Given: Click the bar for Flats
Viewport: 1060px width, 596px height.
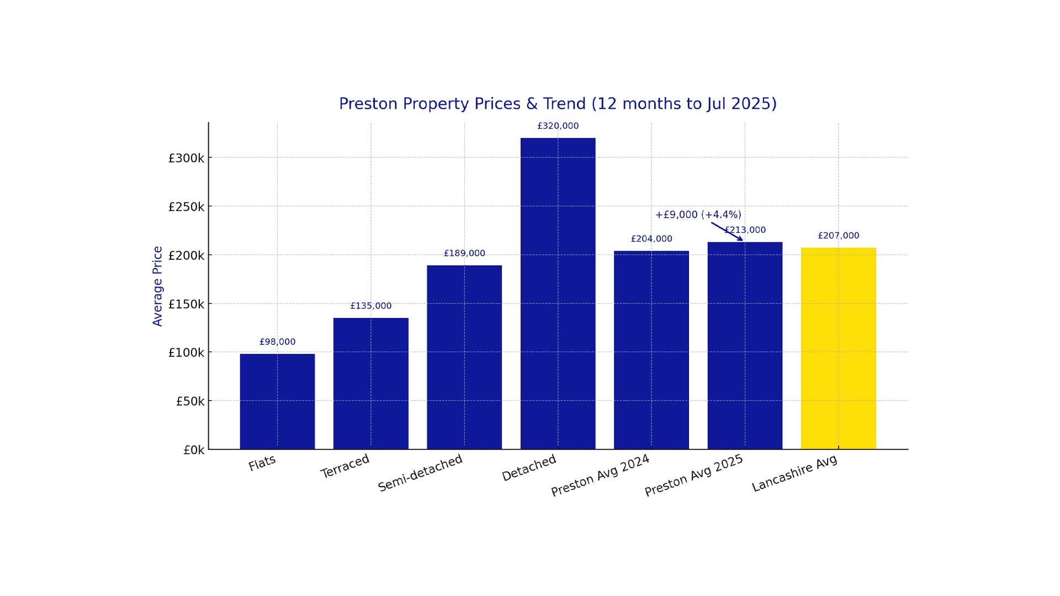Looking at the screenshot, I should coord(277,401).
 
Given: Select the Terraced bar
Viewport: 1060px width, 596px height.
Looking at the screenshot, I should coord(370,384).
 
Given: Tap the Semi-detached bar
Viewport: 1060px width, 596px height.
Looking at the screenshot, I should coord(464,357).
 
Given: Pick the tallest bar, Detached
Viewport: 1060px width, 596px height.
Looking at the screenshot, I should coord(558,293).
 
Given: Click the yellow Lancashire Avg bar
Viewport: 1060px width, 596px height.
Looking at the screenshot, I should coord(838,348).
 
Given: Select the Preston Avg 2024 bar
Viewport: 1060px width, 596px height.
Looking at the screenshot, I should coord(651,350).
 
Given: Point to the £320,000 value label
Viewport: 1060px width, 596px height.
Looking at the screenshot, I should coord(558,126).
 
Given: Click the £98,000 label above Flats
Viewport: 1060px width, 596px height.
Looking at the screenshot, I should coord(277,342).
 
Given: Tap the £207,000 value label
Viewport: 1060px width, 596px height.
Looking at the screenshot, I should coord(838,236).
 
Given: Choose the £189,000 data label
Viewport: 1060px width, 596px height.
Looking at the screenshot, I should coord(464,253).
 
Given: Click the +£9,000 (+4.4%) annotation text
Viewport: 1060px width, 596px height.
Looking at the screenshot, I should coord(698,215).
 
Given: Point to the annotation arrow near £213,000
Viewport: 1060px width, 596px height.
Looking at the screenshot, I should coord(727,231).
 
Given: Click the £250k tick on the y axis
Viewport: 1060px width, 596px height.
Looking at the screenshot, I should coord(186,207).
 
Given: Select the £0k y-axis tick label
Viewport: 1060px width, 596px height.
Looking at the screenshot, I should coord(194,450).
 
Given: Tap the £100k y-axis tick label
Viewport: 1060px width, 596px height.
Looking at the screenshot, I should coord(186,353).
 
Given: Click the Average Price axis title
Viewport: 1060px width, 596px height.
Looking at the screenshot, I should coord(157,286).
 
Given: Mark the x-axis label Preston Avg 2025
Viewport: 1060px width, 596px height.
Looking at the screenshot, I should coord(694,475).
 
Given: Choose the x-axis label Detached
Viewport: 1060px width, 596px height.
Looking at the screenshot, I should coord(529,468).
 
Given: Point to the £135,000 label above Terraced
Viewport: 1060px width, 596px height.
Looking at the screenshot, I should coord(370,306).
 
